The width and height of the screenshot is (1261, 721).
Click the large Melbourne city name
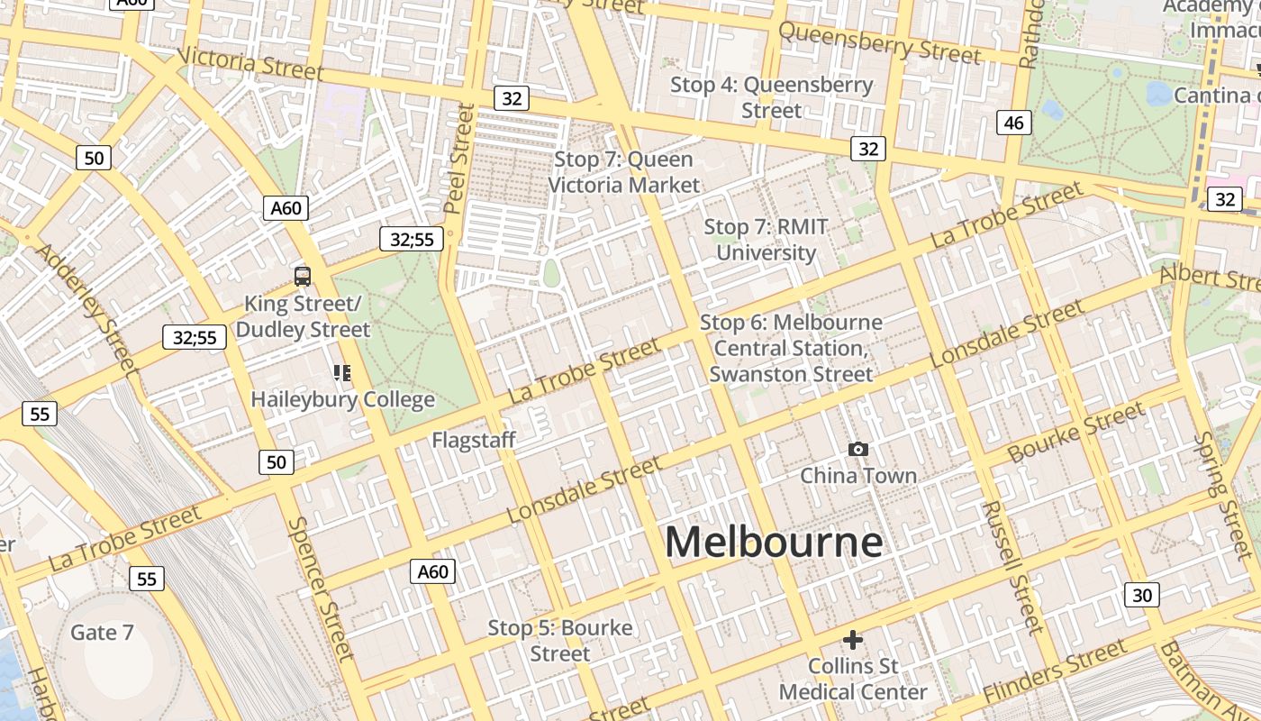coord(774,543)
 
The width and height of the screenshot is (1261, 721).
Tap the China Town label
coord(858,476)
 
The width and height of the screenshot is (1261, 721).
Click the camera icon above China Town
coord(858,449)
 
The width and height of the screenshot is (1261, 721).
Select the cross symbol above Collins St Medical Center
coord(852,640)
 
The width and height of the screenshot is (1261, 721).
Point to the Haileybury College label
coord(342,399)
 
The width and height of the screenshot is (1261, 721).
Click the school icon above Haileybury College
coord(341,373)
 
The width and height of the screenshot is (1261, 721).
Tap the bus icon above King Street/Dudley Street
coord(303,277)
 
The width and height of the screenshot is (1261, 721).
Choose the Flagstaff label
coord(474,440)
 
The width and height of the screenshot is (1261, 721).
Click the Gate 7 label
coord(102,633)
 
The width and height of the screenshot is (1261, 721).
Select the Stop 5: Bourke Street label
coord(560,640)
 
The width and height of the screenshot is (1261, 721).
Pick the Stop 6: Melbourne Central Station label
coord(791,348)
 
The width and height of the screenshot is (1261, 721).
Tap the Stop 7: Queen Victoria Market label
coord(623,172)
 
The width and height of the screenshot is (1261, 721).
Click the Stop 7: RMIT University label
coord(766,240)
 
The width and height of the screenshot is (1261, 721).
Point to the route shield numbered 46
coord(1014,123)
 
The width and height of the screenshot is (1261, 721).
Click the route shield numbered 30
coord(1142,595)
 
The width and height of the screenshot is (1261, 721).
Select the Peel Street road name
coord(460,159)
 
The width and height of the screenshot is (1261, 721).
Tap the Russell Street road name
coord(1011,568)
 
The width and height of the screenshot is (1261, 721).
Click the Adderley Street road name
coord(87,306)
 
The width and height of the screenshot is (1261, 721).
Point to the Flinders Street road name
coord(1055,672)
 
